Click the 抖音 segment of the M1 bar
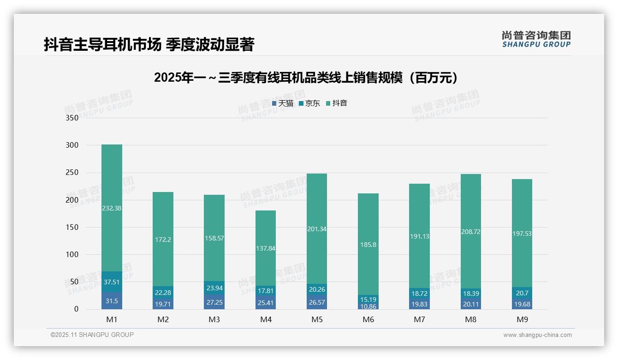(112, 208)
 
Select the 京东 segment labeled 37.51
(112, 282)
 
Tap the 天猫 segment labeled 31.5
(112, 301)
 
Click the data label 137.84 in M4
(265, 248)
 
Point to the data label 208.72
(470, 232)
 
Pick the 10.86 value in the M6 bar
(368, 306)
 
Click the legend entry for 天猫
(283, 103)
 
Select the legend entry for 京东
(309, 103)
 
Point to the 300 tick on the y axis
(72, 145)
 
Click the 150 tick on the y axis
(72, 227)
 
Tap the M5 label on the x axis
(317, 319)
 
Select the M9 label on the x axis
(522, 319)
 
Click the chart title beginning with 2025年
(308, 78)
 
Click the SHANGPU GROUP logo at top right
(536, 39)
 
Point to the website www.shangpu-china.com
(537, 335)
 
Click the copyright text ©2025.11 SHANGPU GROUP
(92, 335)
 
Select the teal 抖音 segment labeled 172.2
(163, 239)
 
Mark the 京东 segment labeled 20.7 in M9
(522, 293)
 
